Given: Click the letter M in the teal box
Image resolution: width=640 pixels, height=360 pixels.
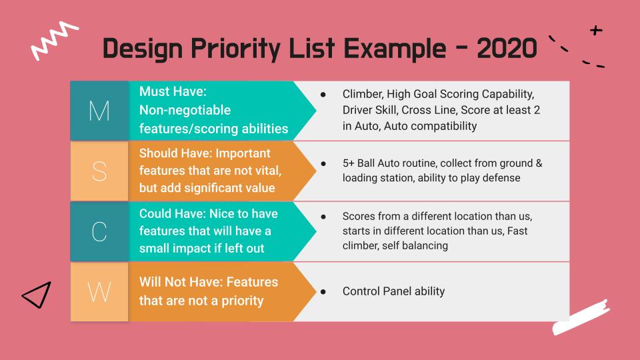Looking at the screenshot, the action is coord(99,111).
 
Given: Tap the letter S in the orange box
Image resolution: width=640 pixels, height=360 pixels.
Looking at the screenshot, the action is coord(99,171).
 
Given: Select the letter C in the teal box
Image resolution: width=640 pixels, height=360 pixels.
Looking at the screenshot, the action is coord(99,231).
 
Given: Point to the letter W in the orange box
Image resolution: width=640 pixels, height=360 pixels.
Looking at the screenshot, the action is coord(99,292).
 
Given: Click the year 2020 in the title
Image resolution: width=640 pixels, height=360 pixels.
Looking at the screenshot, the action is coord(507,49).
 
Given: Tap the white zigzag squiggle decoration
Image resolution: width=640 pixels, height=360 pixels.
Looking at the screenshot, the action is coord(54,40).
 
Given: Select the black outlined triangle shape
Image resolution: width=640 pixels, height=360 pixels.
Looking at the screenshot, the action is coord(37,294).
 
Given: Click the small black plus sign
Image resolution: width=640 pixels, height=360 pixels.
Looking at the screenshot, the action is coord(596,30).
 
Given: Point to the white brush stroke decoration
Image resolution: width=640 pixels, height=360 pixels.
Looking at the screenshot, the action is coord(581,317).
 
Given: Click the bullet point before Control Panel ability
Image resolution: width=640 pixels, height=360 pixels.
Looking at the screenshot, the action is coord(323,292).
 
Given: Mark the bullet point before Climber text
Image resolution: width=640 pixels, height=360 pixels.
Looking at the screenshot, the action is coord(323,95).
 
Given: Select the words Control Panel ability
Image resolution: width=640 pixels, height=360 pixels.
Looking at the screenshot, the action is coord(393,291).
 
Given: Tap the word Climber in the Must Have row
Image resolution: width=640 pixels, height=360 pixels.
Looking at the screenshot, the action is coord(363,94).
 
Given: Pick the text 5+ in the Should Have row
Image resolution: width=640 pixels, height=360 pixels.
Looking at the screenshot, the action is coord(348,163).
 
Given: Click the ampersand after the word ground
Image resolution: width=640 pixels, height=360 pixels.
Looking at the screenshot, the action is coord(539,163).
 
